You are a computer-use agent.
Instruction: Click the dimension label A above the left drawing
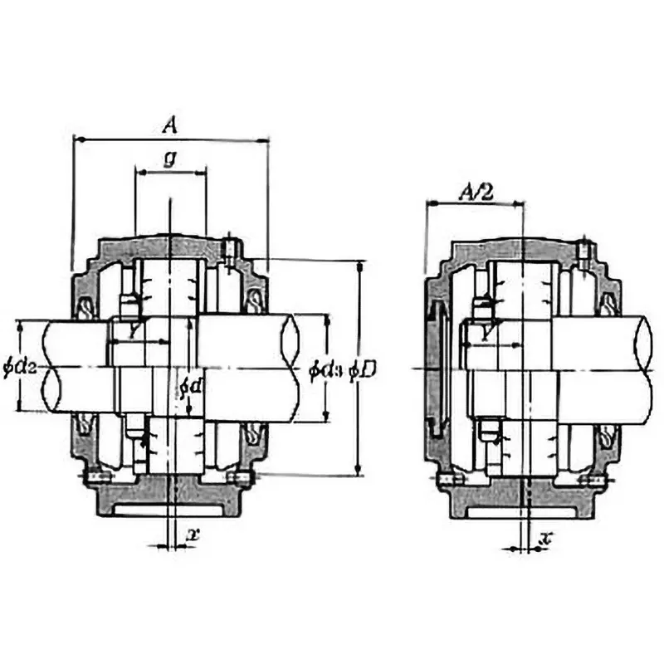click(169, 125)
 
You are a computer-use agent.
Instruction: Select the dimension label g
click(168, 159)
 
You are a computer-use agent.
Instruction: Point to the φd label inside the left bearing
click(189, 387)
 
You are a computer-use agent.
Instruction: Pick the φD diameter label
click(364, 369)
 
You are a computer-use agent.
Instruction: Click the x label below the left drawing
click(193, 535)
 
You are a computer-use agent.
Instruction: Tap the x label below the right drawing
click(545, 539)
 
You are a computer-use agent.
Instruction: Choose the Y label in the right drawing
click(491, 333)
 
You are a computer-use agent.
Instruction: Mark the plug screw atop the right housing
click(584, 248)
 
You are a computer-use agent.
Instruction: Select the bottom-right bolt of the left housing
click(242, 478)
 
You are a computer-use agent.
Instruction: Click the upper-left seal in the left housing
click(86, 309)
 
